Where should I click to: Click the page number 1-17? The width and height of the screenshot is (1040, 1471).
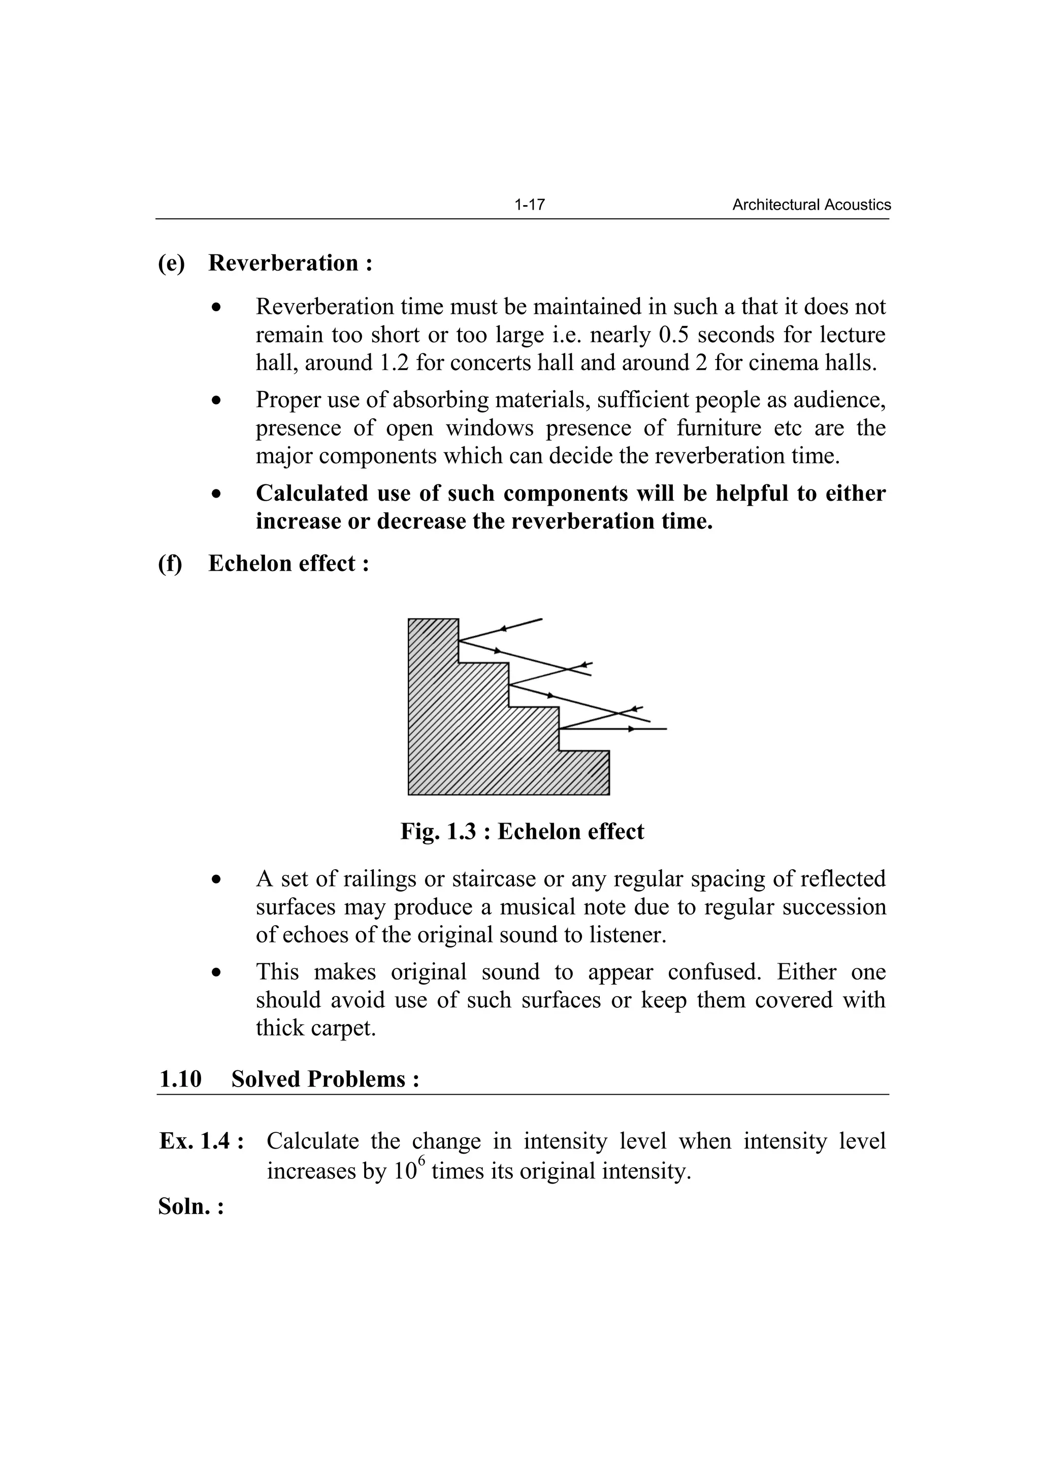529,205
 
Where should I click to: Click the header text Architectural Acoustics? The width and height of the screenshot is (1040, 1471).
811,205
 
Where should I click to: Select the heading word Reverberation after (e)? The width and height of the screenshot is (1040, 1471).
283,264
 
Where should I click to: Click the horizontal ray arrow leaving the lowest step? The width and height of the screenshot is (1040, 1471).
631,729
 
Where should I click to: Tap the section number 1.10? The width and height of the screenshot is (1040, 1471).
180,1079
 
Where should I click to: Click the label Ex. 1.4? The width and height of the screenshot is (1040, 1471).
201,1141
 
